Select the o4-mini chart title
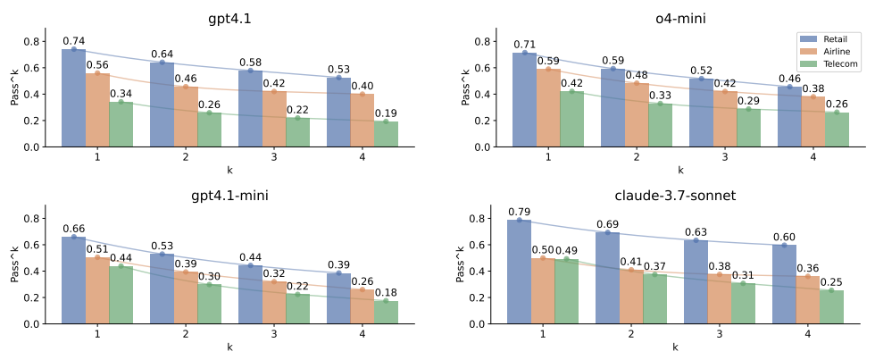point(679,17)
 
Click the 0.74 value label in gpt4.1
point(73,41)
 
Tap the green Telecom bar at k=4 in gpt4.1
point(386,134)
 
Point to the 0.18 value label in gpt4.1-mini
point(386,293)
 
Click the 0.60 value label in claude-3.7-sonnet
point(784,237)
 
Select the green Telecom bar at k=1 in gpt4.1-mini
point(121,295)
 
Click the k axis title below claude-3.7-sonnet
point(676,347)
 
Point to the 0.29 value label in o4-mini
point(748,101)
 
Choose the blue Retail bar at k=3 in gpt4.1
point(250,108)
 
